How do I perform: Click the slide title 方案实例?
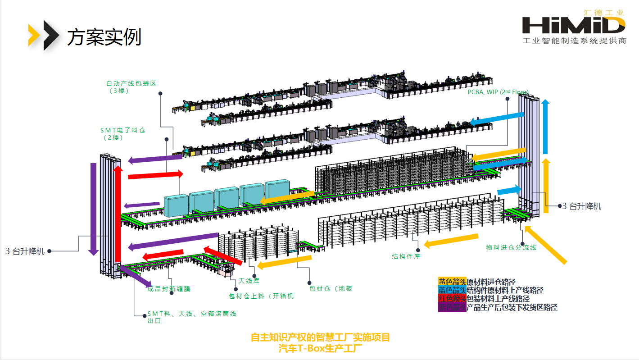[104, 37]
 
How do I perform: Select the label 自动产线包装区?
[131, 83]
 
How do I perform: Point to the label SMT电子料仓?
[122, 130]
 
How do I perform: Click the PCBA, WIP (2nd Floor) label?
[498, 92]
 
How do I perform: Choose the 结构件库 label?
[406, 256]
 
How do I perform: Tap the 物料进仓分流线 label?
[511, 247]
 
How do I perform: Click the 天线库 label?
[249, 281]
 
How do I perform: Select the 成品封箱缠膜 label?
[172, 289]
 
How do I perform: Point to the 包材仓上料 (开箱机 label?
[261, 296]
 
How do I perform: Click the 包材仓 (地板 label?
[331, 288]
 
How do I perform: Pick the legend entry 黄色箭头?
[452, 282]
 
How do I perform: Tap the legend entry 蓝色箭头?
[452, 290]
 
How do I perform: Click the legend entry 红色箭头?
[452, 299]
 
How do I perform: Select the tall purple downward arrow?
[94, 209]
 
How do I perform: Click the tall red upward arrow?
[118, 214]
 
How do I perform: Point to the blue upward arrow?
[545, 126]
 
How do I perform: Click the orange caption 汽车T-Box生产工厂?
[320, 348]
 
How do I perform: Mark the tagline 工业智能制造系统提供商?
[574, 41]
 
